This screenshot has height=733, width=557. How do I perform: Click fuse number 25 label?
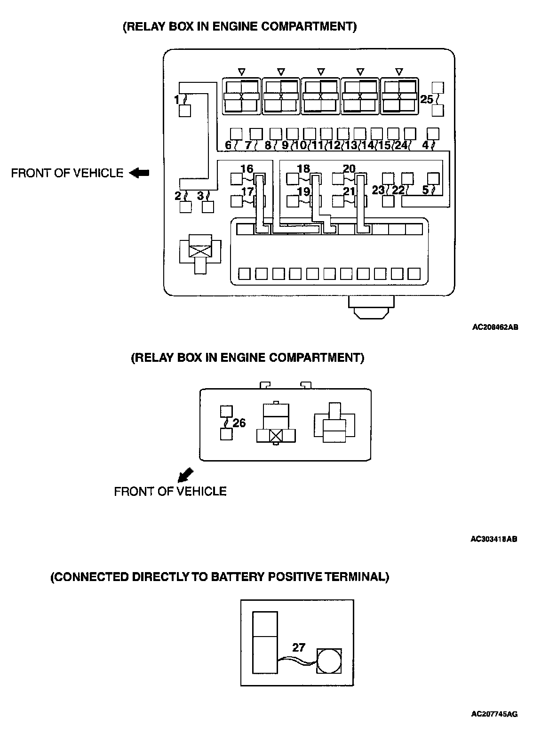[x=426, y=99]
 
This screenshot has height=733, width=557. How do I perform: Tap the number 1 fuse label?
[x=176, y=100]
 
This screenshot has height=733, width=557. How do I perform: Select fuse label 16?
[x=247, y=168]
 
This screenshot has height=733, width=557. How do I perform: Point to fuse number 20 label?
[x=349, y=168]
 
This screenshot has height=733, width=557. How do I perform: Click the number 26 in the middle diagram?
[x=239, y=423]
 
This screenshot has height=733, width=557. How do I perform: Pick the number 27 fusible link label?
[x=299, y=647]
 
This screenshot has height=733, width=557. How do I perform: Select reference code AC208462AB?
[x=495, y=327]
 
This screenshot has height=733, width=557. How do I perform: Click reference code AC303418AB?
[x=494, y=539]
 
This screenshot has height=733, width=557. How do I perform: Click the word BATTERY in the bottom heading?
[x=238, y=577]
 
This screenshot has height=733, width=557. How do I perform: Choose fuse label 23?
[x=378, y=191]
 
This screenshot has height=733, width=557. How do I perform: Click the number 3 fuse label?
[x=200, y=195]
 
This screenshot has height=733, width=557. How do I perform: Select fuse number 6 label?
[x=228, y=145]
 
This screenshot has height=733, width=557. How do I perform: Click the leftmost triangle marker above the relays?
[x=241, y=72]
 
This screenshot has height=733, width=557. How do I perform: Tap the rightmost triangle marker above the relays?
[x=399, y=72]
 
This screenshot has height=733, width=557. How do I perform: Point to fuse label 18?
[x=304, y=168]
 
